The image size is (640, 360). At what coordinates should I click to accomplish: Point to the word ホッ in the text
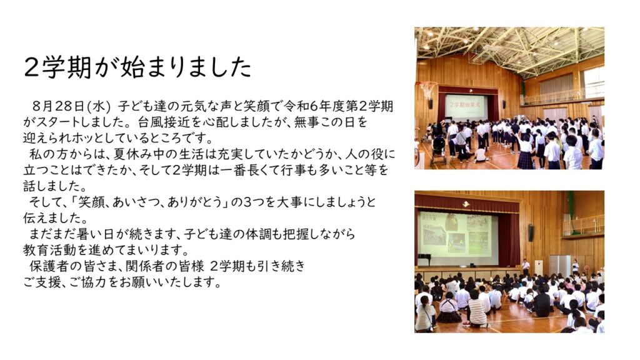tap(92, 138)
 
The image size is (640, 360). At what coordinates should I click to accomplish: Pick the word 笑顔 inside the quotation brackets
tap(91, 202)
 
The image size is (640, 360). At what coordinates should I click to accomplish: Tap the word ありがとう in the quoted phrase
tap(198, 202)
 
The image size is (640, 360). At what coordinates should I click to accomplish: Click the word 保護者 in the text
tap(48, 266)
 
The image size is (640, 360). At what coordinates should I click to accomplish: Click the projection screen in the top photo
tap(466, 107)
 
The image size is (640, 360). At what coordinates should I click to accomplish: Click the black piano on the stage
tap(424, 259)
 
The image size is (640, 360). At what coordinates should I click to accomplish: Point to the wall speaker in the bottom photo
tap(531, 232)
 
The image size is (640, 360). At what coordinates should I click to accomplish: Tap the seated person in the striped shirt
tap(477, 309)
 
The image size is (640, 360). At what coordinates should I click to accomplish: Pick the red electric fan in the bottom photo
tap(587, 269)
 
